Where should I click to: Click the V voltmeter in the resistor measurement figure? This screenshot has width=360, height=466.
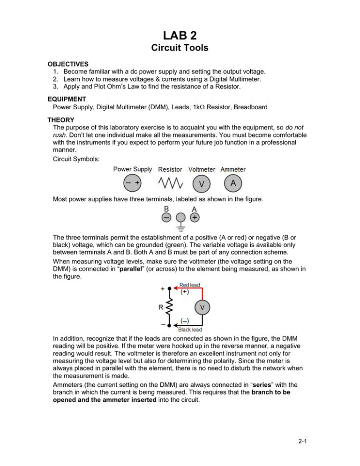click(x=202, y=308)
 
